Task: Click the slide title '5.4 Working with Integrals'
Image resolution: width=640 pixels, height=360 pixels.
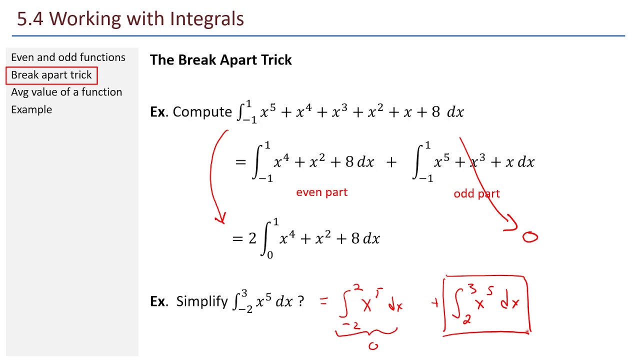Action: [130, 19]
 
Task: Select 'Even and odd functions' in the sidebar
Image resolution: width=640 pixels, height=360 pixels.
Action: [68, 57]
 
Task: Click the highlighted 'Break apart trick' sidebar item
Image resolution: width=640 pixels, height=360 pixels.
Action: [51, 75]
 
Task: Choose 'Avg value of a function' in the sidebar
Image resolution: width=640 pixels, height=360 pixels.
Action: [66, 92]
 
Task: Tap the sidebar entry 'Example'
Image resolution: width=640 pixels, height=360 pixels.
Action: [31, 109]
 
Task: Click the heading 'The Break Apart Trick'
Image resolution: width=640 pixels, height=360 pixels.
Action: [220, 60]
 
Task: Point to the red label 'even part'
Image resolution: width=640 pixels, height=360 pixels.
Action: [321, 192]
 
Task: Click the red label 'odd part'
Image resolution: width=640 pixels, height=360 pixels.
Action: [476, 194]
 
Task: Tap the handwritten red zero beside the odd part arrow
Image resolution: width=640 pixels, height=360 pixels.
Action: [530, 237]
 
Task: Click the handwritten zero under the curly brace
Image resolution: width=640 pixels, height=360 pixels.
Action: [373, 345]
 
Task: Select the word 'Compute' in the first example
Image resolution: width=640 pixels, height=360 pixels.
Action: [202, 112]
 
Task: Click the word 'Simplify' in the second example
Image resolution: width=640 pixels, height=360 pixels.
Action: [202, 301]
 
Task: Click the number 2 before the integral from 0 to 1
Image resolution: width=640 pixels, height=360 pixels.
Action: [252, 238]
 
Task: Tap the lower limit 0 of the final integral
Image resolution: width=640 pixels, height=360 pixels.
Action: [270, 255]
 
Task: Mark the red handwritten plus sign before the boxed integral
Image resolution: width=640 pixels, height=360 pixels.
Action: [435, 302]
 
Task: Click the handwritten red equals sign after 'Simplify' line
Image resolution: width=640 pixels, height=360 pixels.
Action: [324, 301]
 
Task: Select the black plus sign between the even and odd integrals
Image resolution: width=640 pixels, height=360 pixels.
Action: [391, 162]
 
